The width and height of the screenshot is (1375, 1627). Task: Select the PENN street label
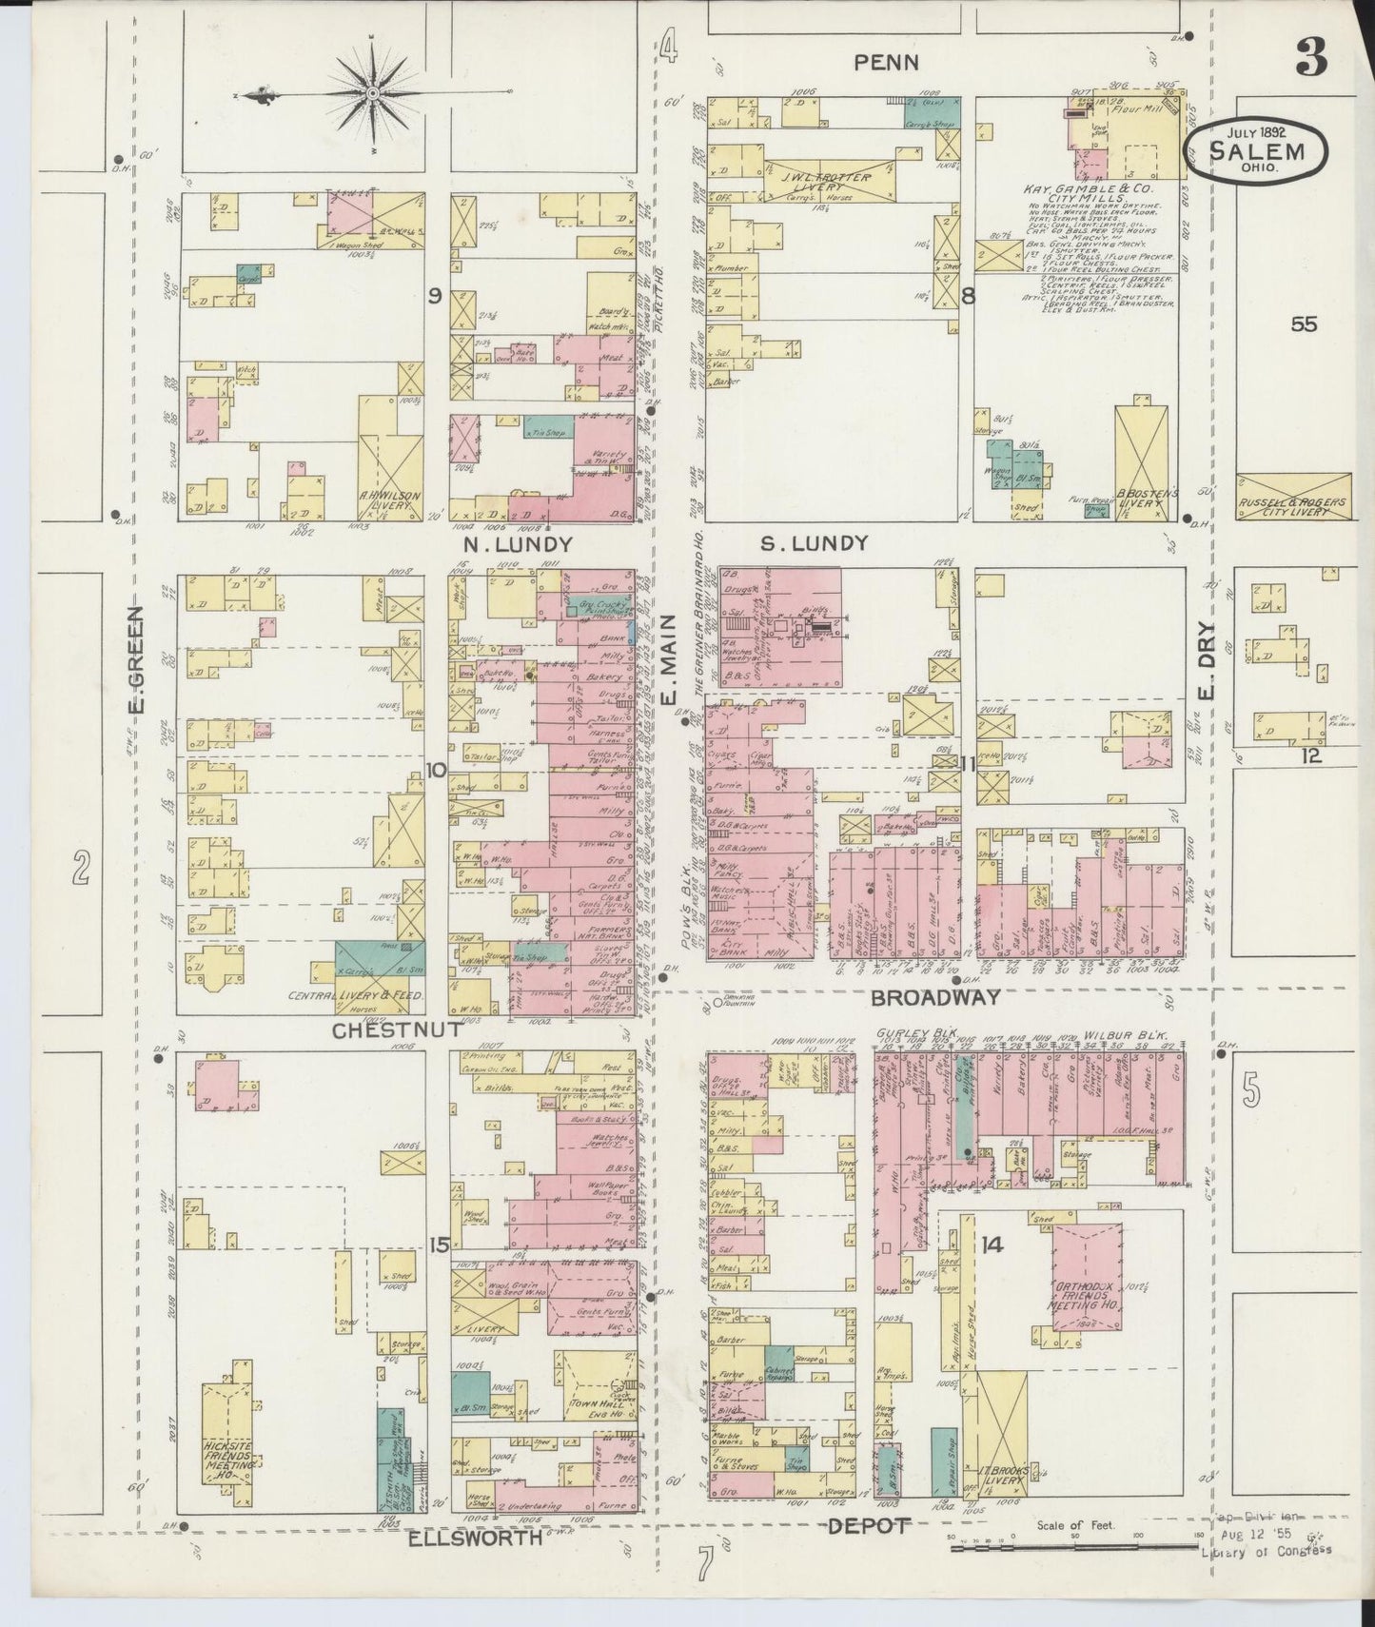(x=886, y=63)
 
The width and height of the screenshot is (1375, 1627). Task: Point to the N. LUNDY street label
(x=518, y=544)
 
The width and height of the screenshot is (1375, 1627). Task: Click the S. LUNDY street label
(x=815, y=543)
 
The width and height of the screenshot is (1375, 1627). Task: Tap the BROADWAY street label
(x=936, y=997)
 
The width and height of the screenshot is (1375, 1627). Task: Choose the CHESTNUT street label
(x=397, y=1029)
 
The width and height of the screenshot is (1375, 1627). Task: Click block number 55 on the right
(x=1303, y=324)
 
